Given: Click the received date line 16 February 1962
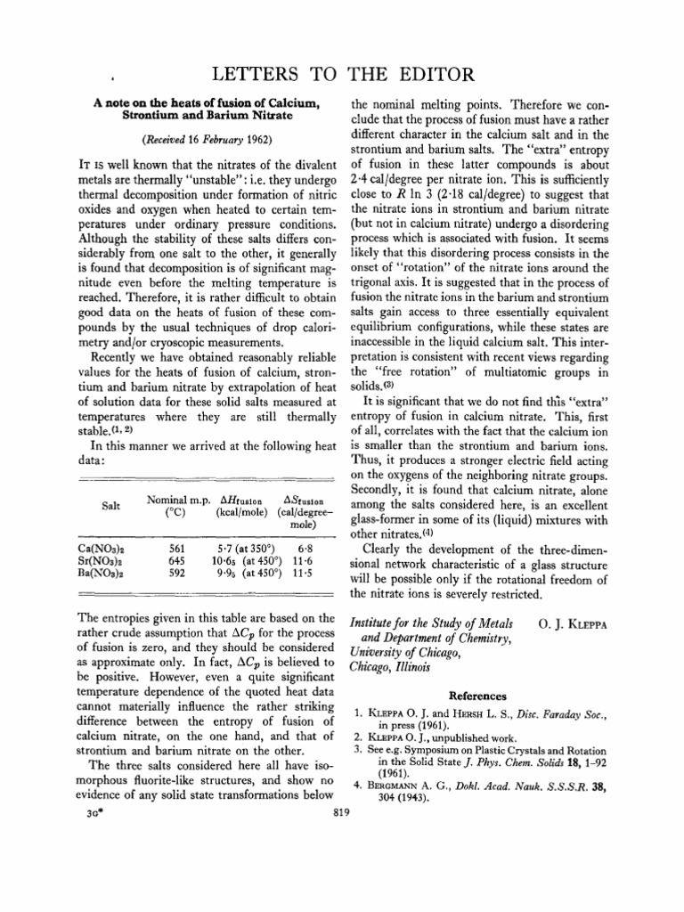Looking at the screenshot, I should click(208, 139).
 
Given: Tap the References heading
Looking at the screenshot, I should click(477, 696).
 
